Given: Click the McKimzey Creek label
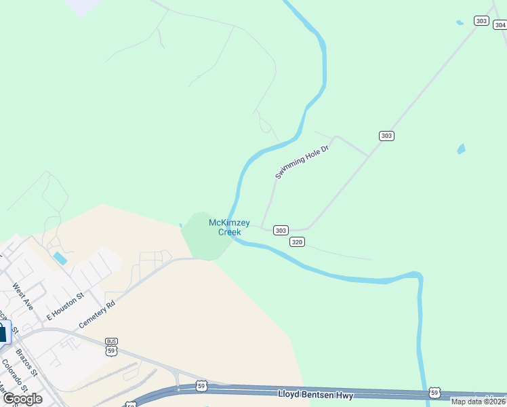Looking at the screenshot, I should click(229, 227).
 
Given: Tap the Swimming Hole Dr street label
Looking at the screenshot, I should click(302, 162).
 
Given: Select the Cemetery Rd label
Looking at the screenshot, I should click(97, 314).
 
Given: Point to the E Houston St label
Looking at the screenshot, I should click(64, 307).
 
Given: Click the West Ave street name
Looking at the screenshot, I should click(22, 297).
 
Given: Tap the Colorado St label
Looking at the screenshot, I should click(14, 375).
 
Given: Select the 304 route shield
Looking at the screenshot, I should click(500, 25).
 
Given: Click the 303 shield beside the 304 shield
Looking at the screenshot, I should click(481, 21).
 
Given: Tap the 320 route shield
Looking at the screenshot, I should click(297, 242).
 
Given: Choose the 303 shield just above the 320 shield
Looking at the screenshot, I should click(281, 231).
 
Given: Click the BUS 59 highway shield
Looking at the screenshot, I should click(112, 347).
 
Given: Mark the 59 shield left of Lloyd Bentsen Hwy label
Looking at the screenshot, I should click(201, 386).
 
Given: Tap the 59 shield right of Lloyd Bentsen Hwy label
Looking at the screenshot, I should click(434, 393).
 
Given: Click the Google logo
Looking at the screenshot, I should click(22, 398).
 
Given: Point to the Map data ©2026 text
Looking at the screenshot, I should click(478, 402).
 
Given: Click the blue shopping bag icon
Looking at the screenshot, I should click(3, 332).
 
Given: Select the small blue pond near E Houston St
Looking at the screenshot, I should click(60, 258).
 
